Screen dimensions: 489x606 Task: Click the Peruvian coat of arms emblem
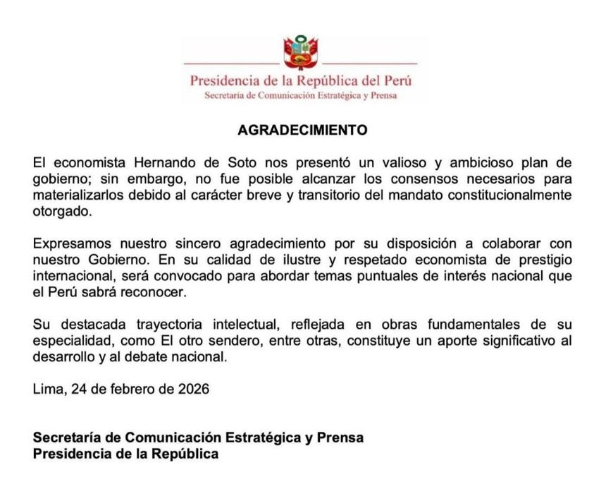coord(302,52)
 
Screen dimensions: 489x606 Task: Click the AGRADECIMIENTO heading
coord(302,131)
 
